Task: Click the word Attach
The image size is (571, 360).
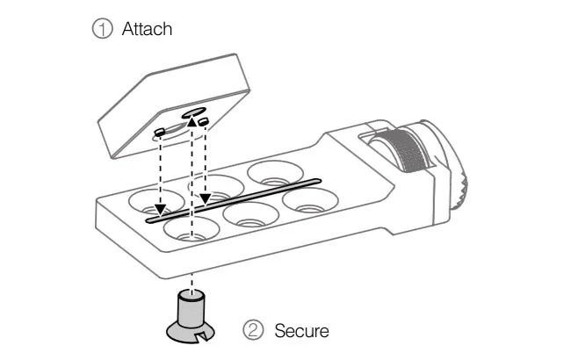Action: coord(147,29)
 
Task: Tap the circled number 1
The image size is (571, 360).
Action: coord(103,29)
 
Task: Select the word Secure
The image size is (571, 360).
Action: coord(300,331)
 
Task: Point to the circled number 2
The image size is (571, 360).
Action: coord(253,331)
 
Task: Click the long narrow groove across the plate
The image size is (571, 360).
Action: coord(232,201)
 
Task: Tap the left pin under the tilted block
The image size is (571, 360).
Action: coord(160,132)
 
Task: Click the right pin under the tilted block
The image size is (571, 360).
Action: coord(203,120)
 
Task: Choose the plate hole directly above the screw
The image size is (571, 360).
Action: coord(192,231)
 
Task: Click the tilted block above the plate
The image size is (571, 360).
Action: coord(176,101)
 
